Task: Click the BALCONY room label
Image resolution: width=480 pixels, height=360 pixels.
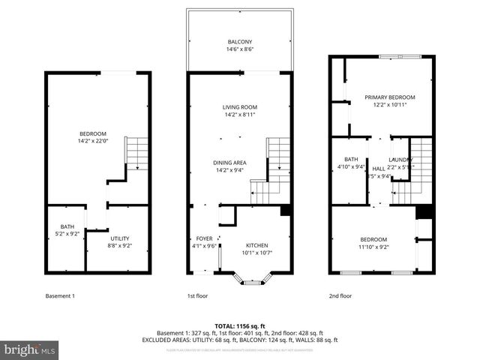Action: (240, 41)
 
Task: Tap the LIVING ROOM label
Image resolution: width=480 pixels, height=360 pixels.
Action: (240, 107)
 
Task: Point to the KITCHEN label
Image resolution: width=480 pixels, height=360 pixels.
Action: (256, 245)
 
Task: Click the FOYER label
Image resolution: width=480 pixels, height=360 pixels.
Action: (205, 238)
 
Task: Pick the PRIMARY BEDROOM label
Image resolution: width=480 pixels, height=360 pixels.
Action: (389, 97)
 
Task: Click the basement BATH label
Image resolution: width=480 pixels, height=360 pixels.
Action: (67, 226)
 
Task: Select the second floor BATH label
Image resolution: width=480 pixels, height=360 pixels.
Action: (351, 159)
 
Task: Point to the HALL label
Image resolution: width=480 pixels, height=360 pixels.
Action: (379, 169)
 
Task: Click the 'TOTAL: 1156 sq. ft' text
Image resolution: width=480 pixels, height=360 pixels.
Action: (240, 325)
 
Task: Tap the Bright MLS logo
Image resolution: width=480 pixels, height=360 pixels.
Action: (30, 349)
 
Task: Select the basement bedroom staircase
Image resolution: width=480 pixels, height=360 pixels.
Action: (137, 154)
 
